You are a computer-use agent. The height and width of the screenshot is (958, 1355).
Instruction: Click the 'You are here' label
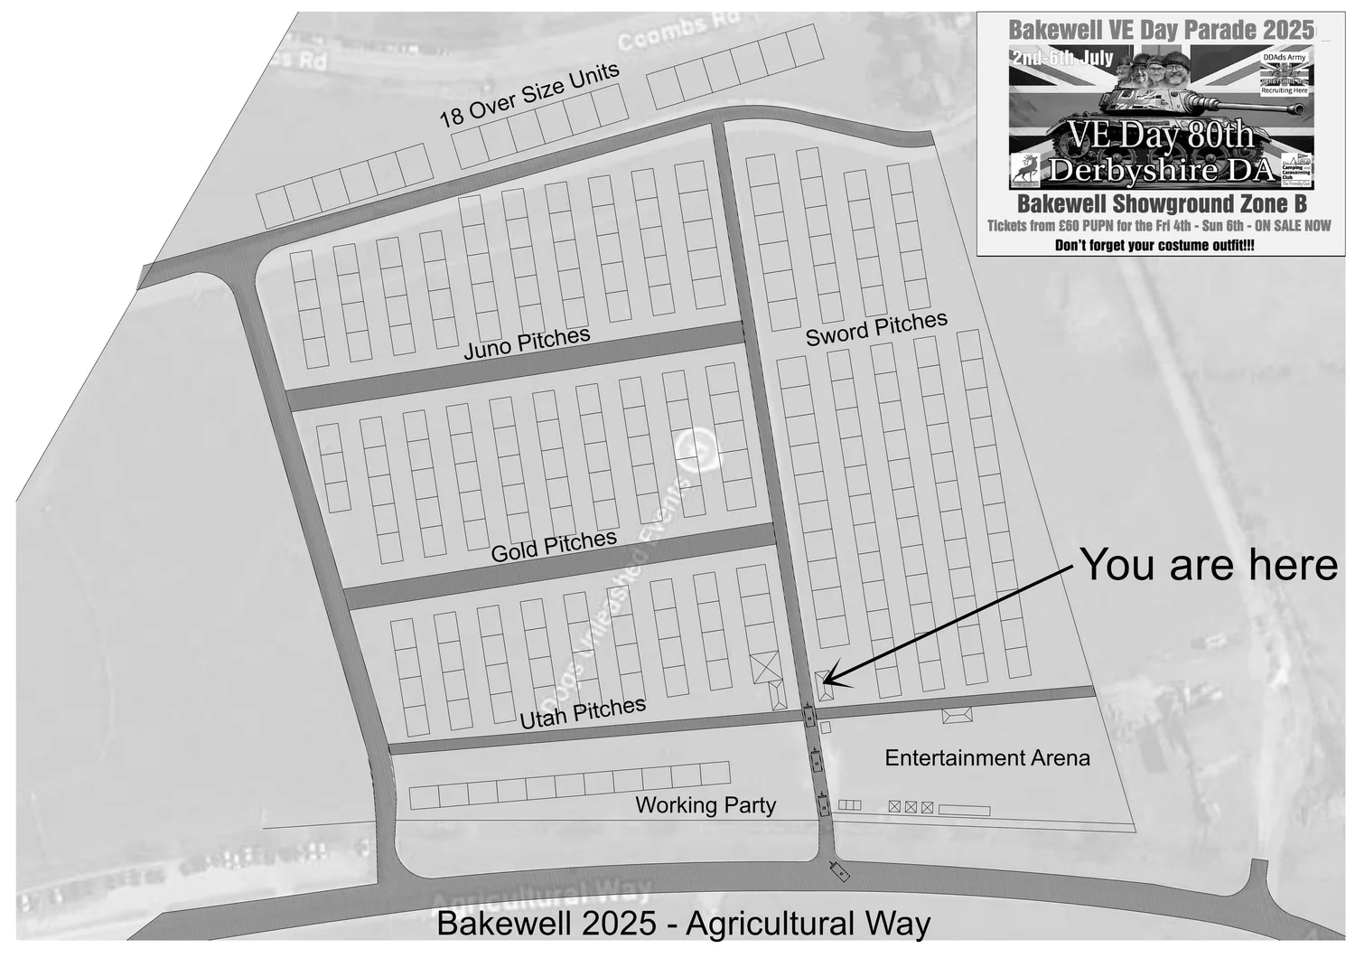pyautogui.click(x=1208, y=565)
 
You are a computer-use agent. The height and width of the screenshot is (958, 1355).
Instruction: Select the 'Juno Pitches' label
pyautogui.click(x=527, y=343)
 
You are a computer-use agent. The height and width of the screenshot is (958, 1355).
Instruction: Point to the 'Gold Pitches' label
pyautogui.click(x=554, y=546)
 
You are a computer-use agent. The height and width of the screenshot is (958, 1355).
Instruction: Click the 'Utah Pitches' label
pyautogui.click(x=583, y=712)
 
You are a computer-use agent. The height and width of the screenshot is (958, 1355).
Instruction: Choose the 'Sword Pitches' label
pyautogui.click(x=876, y=329)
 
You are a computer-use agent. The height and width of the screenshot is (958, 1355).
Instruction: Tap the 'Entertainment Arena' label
pyautogui.click(x=986, y=757)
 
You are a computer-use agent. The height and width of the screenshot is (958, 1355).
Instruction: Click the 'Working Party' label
pyautogui.click(x=706, y=804)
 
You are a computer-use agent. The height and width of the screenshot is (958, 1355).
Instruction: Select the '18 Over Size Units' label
pyautogui.click(x=529, y=95)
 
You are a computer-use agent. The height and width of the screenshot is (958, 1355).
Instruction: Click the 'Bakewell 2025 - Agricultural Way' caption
pyautogui.click(x=683, y=924)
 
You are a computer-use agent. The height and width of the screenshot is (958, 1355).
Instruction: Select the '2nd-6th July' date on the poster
pyautogui.click(x=1062, y=59)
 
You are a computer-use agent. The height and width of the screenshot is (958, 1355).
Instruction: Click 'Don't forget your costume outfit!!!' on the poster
pyautogui.click(x=1154, y=245)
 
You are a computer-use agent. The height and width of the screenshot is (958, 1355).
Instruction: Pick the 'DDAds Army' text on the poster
pyautogui.click(x=1284, y=57)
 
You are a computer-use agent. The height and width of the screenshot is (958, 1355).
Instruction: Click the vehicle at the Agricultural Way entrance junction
pyautogui.click(x=840, y=872)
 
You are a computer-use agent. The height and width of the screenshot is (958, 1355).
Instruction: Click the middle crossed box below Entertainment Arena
pyautogui.click(x=911, y=807)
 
